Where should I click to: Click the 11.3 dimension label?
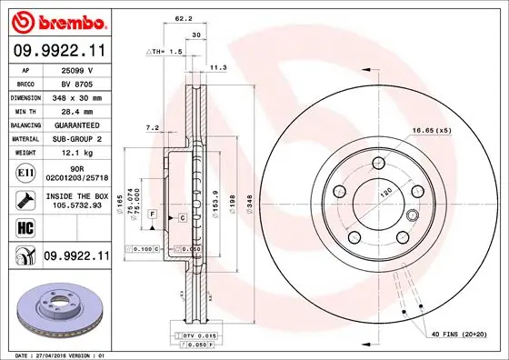219,67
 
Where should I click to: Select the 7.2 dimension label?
153,129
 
